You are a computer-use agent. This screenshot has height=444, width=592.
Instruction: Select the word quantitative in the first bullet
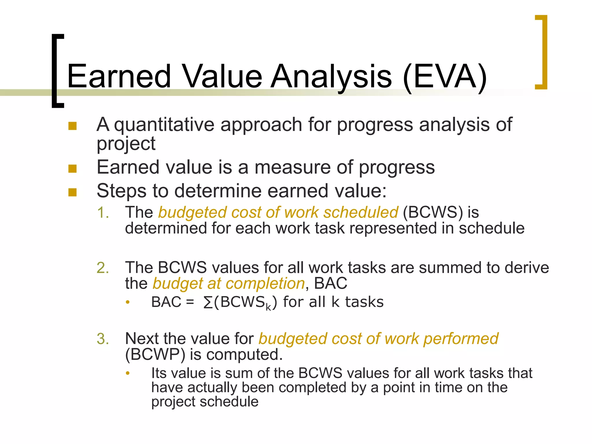pos(164,125)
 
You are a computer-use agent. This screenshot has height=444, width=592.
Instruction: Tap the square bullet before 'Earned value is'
pos(72,169)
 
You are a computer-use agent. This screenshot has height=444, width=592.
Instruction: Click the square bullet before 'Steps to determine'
pos(72,192)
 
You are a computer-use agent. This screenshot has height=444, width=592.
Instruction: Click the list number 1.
pos(103,213)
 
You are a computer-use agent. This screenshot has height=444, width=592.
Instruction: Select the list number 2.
pos(103,268)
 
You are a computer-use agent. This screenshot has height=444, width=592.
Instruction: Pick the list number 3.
pos(103,339)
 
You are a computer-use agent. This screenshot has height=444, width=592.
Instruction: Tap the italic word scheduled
pos(360,212)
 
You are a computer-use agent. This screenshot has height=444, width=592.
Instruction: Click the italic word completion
pos(265,284)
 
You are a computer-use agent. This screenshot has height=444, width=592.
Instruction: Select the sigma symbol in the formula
pos(208,303)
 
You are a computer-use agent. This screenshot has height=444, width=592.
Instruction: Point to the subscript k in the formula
pos(268,307)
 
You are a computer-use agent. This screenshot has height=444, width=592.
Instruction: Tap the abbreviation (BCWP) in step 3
pos(155,354)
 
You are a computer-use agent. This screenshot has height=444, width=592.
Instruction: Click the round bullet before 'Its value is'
pos(128,373)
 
